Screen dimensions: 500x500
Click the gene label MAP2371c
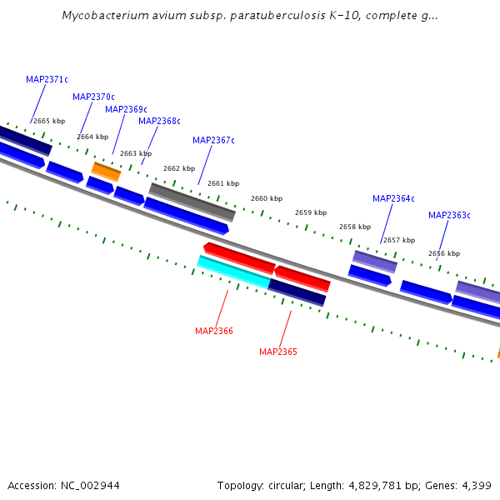(47, 80)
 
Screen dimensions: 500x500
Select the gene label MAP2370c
(93, 97)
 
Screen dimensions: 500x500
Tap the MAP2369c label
(126, 110)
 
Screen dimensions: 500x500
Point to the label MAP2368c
(159, 122)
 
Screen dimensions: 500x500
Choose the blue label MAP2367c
(213, 141)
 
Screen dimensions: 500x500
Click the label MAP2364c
(393, 199)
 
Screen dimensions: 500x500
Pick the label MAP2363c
(449, 216)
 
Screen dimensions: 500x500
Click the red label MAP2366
(214, 332)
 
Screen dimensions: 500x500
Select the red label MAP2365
(278, 352)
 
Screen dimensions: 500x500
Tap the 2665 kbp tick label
(49, 122)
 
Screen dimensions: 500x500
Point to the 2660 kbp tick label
(267, 199)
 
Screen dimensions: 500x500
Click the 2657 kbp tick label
(398, 241)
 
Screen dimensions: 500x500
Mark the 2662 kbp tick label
(179, 169)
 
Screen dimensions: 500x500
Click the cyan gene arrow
(233, 272)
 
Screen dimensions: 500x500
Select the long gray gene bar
(192, 202)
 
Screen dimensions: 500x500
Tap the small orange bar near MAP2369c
(106, 172)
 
